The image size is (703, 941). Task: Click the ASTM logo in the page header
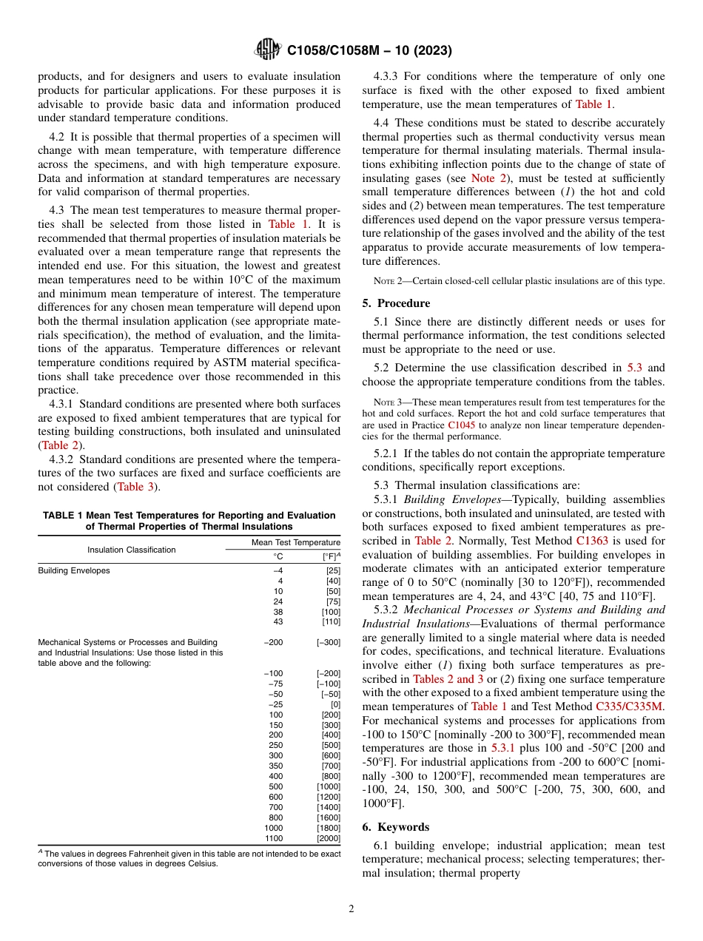point(266,50)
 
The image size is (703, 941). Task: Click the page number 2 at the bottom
point(351,909)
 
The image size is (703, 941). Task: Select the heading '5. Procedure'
point(396,303)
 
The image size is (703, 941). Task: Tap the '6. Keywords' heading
point(396,826)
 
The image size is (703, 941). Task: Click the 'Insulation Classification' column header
point(132,550)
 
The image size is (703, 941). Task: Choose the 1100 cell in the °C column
point(273,838)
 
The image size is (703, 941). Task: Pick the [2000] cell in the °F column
point(329,838)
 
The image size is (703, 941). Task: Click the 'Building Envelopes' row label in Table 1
point(74,570)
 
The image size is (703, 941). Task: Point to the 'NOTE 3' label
point(387,402)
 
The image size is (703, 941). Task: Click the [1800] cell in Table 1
point(329,828)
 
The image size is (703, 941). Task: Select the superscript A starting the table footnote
point(40,852)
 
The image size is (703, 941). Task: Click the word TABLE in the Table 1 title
point(58,515)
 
